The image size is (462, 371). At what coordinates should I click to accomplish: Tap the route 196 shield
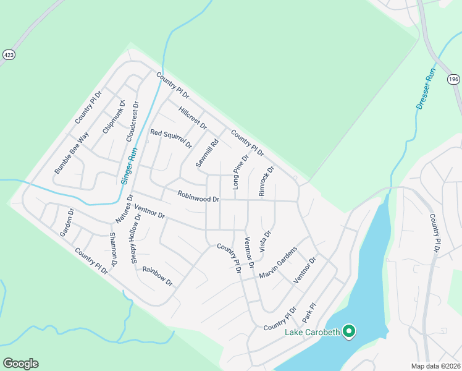tap(453, 79)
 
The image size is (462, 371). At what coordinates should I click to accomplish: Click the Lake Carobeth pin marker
tap(349, 332)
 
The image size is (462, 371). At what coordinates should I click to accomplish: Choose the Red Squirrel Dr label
tap(171, 139)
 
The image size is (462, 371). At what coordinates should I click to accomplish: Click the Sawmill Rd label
tap(208, 153)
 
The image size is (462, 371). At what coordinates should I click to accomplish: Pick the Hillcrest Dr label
tap(192, 117)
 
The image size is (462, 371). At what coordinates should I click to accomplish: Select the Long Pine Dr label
tap(240, 172)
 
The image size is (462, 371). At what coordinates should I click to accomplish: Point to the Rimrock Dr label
tap(266, 181)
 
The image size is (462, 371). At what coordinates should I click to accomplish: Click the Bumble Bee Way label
tap(72, 152)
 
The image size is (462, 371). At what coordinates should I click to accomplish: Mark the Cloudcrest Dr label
tap(130, 121)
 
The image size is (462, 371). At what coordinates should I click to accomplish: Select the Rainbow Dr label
tap(157, 276)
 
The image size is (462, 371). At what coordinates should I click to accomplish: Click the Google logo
tap(20, 364)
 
